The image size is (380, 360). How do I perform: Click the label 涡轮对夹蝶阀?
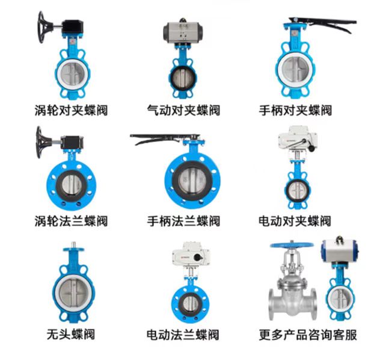(71, 110)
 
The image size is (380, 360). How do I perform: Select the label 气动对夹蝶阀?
(183, 110)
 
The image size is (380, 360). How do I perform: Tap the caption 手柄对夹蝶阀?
(295, 110)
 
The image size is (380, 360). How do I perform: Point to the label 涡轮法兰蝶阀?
(71, 221)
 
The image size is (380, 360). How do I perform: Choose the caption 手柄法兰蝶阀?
(183, 221)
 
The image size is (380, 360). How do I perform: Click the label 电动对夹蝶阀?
(295, 221)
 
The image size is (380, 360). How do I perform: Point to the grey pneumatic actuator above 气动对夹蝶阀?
(183, 32)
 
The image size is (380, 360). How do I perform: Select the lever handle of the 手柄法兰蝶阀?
(165, 138)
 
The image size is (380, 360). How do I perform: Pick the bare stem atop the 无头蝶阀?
(73, 245)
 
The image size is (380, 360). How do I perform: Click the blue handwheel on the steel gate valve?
(292, 244)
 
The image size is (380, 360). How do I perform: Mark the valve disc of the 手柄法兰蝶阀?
(192, 180)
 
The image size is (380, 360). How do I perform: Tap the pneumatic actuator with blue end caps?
(340, 250)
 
